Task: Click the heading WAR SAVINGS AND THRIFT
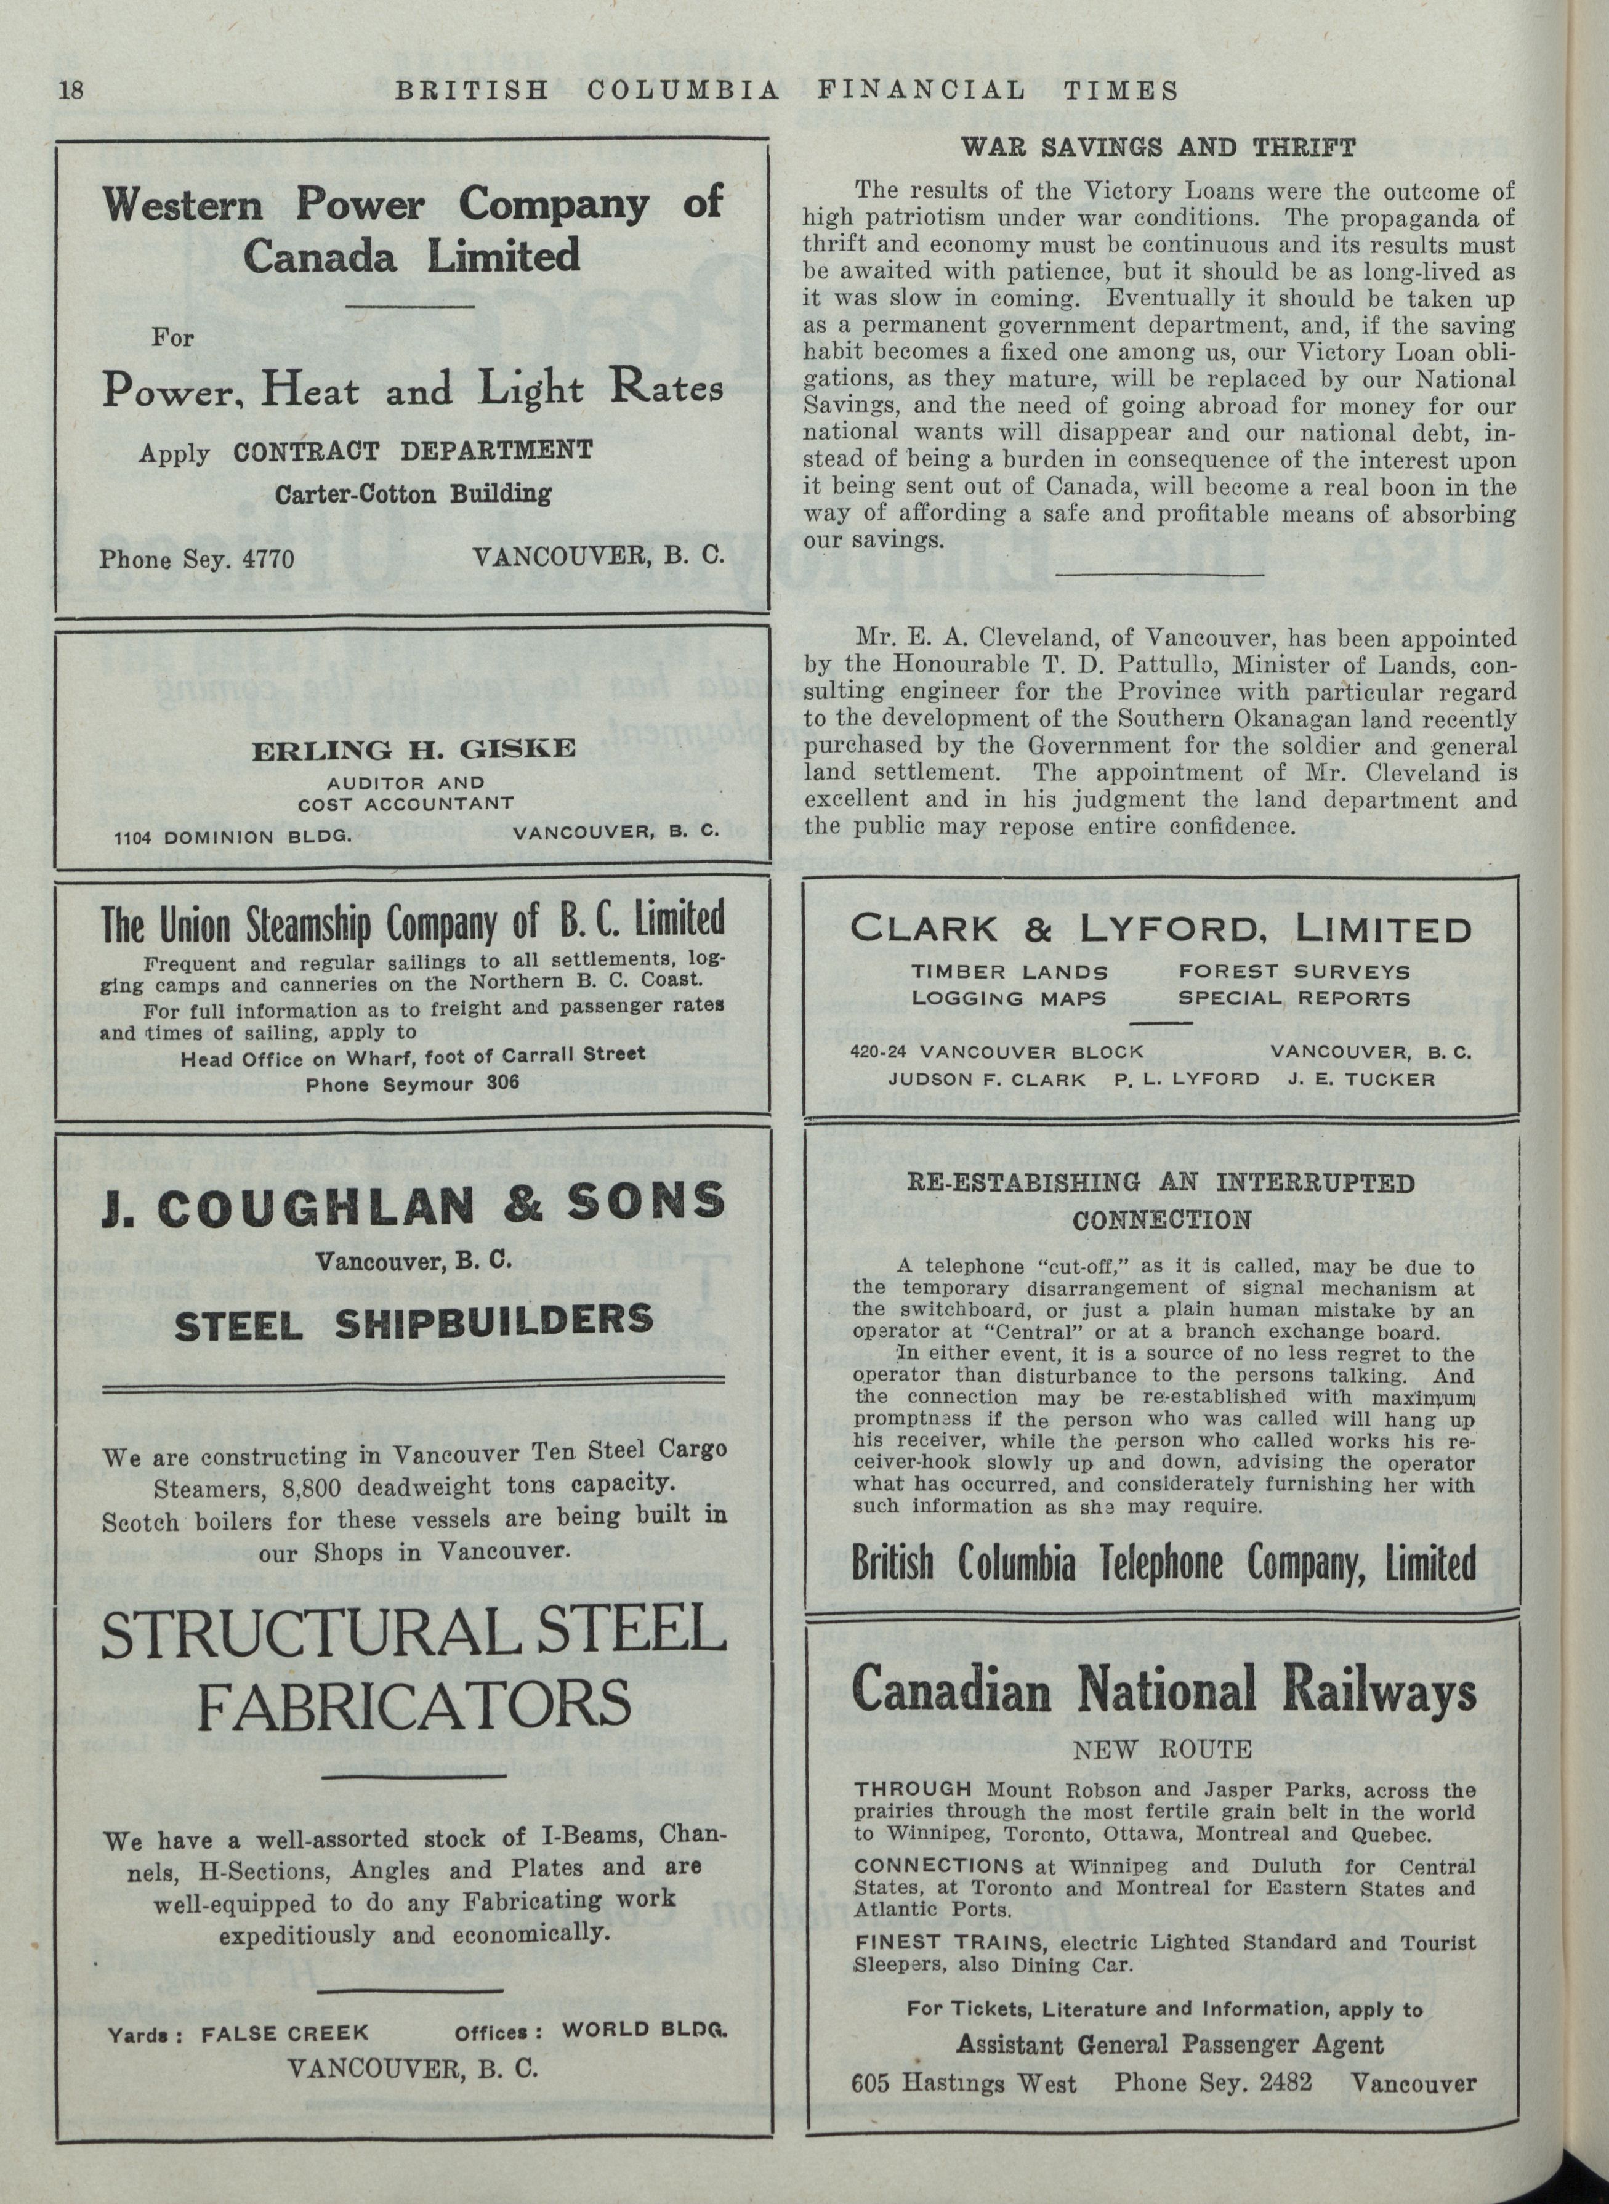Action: tap(1158, 148)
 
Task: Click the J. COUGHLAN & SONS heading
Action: tap(413, 1204)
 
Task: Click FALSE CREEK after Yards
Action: tap(285, 2033)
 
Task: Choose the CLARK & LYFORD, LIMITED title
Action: tap(1160, 929)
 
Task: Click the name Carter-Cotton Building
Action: tap(413, 494)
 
